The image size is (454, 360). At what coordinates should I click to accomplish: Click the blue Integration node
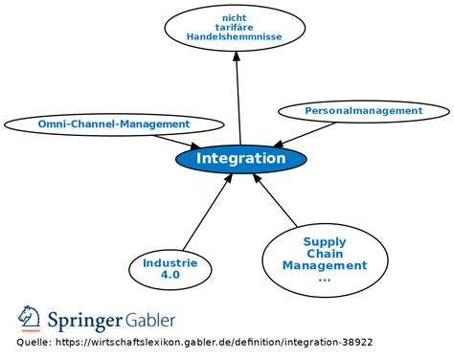pyautogui.click(x=240, y=159)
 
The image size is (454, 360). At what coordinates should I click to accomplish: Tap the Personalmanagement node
pyautogui.click(x=363, y=111)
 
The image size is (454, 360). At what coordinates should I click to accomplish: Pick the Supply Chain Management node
pyautogui.click(x=325, y=259)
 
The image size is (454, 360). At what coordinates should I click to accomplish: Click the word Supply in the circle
pyautogui.click(x=325, y=242)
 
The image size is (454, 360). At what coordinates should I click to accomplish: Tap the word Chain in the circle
pyautogui.click(x=325, y=254)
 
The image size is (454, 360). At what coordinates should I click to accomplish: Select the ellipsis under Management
pyautogui.click(x=325, y=278)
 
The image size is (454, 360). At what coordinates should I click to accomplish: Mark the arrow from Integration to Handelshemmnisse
pyautogui.click(x=238, y=96)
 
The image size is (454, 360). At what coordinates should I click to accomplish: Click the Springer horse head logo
pyautogui.click(x=28, y=319)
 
